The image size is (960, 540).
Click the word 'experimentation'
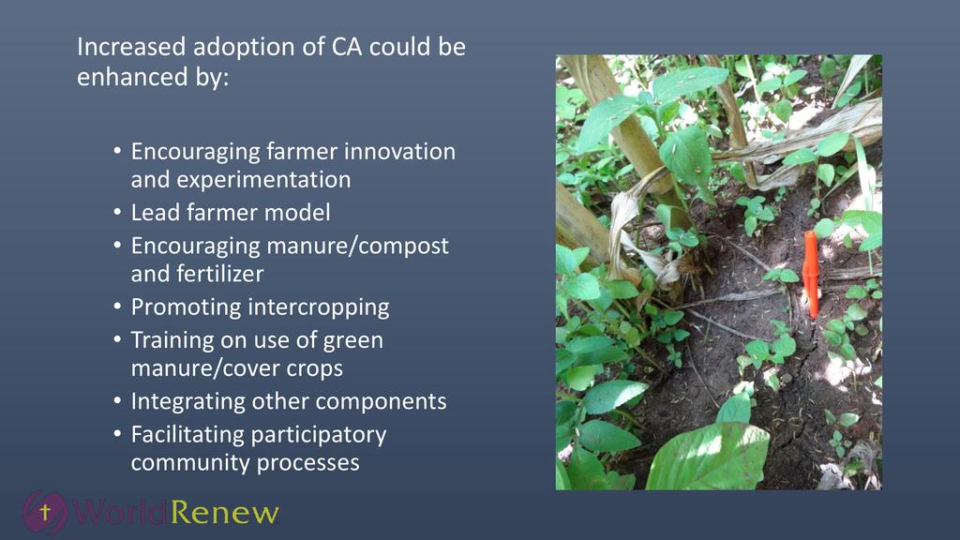click(x=241, y=180)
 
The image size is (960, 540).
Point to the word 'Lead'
click(x=156, y=213)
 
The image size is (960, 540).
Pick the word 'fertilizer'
click(x=219, y=274)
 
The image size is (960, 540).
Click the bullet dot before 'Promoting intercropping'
click(x=117, y=307)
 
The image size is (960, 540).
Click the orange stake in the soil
click(x=811, y=275)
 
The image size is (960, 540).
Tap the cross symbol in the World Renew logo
click(x=45, y=511)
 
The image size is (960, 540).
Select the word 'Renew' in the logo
click(x=224, y=513)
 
